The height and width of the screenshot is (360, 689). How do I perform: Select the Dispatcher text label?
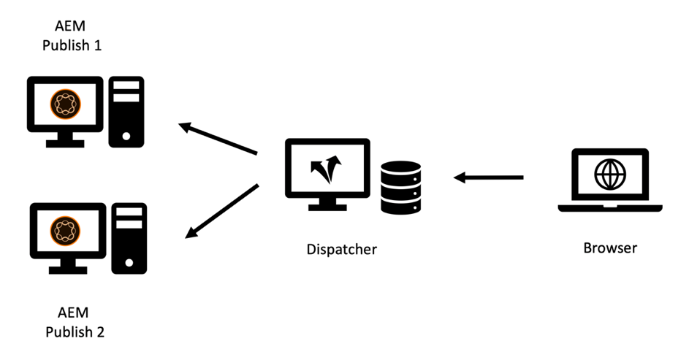342,249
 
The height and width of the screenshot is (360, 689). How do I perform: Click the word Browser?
609,248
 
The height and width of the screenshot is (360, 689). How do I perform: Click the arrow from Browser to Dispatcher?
488,177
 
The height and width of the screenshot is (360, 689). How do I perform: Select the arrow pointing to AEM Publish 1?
218,139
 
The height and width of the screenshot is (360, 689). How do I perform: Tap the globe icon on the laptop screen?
609,175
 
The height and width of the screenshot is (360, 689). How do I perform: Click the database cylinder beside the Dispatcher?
400,187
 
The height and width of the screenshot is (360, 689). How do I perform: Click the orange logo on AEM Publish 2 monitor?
67,230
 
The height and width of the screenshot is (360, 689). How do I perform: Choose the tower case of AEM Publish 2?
129,238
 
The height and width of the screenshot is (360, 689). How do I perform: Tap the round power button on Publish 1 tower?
126,135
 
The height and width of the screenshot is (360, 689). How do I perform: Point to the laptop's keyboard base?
609,208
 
